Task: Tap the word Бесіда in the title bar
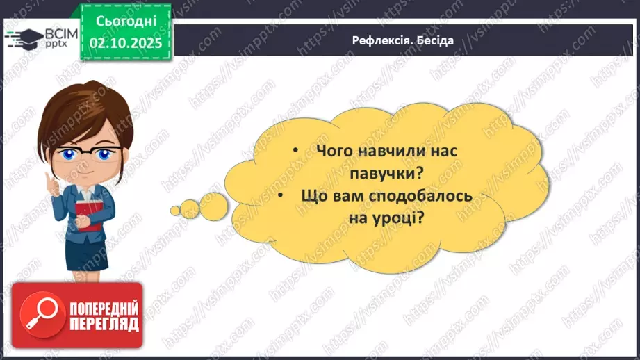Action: tap(436, 40)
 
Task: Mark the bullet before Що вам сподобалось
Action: tap(281, 196)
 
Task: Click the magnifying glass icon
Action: tap(38, 313)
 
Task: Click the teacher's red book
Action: tap(88, 215)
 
